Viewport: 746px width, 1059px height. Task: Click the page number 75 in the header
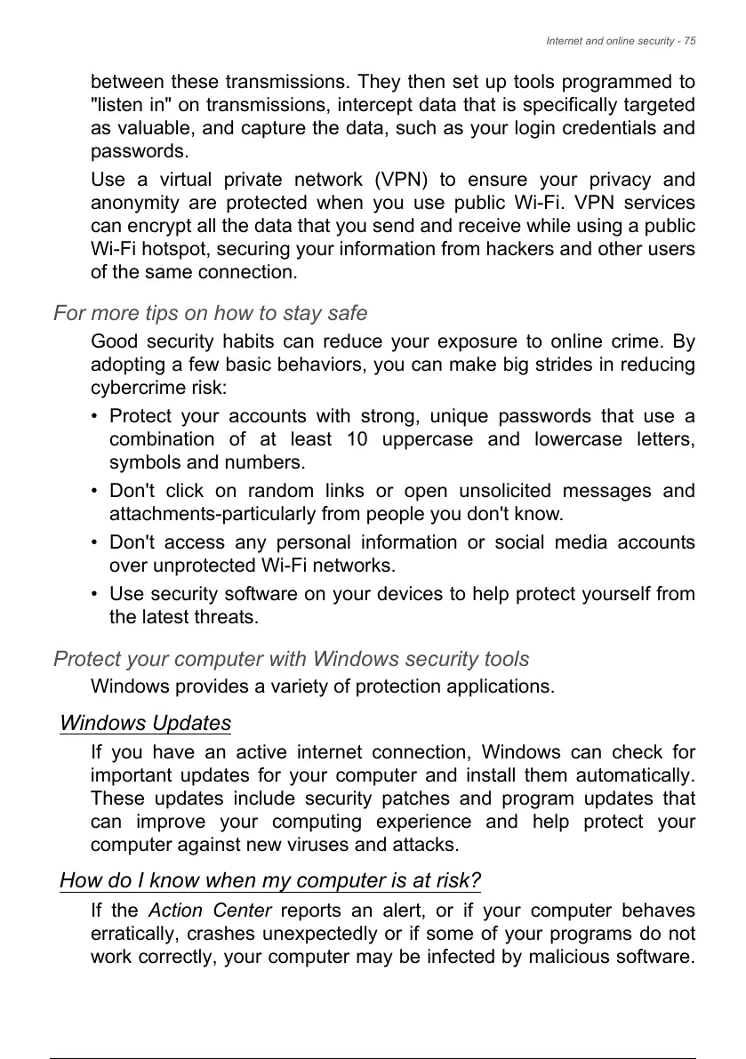pos(689,41)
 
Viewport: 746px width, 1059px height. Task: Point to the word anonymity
pos(130,203)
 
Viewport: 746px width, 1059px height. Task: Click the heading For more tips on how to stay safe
pos(210,313)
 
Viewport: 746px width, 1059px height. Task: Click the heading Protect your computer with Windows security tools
pos(291,659)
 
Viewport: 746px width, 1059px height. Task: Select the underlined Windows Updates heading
pos(145,723)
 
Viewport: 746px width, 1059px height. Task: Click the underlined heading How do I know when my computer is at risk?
pos(269,881)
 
